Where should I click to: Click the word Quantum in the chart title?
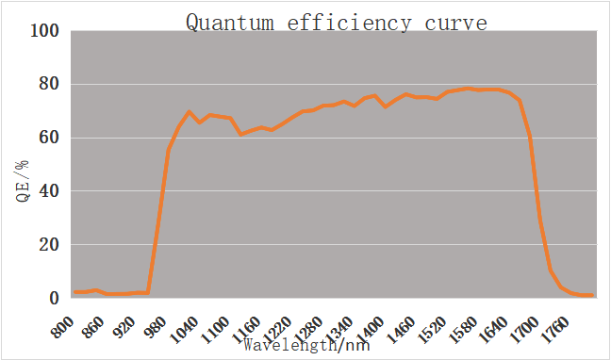tap(230, 23)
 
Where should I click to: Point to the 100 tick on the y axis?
tap(45, 31)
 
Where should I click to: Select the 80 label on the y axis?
tap(49, 85)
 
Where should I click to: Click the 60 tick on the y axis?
tap(49, 138)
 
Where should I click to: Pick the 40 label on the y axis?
tap(49, 191)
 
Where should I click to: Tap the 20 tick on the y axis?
tap(49, 245)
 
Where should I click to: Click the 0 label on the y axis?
tap(54, 298)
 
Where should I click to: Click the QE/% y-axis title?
tap(23, 180)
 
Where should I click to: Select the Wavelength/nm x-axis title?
tap(306, 345)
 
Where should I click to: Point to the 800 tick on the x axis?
tap(62, 326)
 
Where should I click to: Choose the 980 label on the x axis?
tap(156, 326)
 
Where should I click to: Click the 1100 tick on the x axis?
tap(215, 330)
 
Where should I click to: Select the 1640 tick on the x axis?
tap(496, 330)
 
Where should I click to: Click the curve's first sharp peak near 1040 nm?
tap(189, 112)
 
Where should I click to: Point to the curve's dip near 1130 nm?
tap(241, 134)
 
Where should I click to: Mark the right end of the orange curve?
tap(592, 295)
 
